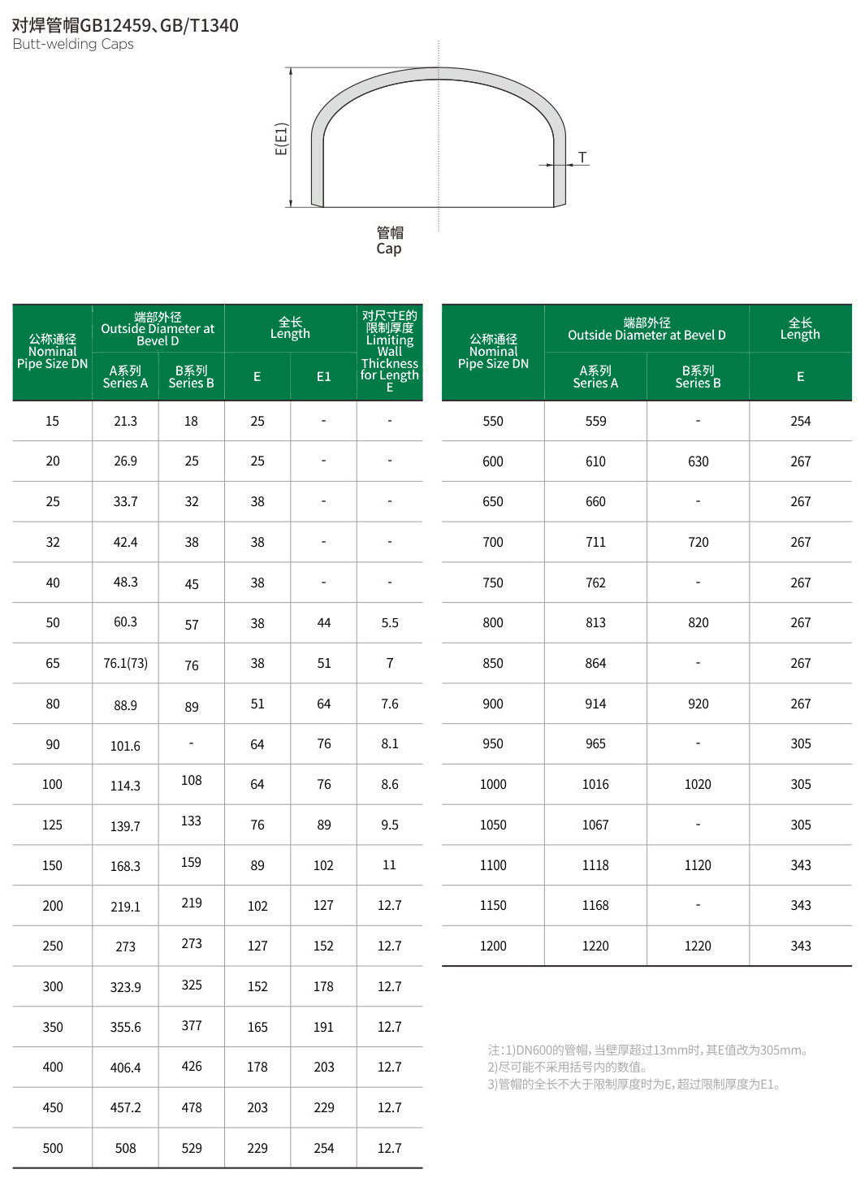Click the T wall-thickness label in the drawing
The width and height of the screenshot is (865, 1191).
[x=582, y=157]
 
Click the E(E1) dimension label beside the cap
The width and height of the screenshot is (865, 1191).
[x=281, y=138]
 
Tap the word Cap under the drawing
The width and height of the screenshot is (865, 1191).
[x=389, y=249]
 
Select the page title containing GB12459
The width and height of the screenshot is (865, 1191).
[x=125, y=25]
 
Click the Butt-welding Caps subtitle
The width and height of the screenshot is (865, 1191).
[x=73, y=44]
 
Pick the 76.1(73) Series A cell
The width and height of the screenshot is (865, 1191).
[x=125, y=663]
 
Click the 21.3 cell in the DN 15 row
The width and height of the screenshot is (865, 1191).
[x=125, y=421]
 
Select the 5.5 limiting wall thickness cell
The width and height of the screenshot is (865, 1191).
[x=390, y=623]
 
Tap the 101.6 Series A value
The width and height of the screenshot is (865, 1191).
[x=125, y=746]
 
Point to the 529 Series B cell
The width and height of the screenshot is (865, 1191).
[x=192, y=1148]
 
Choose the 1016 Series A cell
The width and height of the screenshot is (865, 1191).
[x=595, y=784]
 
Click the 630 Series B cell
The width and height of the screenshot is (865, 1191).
[x=698, y=461]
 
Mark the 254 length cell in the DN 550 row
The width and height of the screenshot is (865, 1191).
[x=800, y=421]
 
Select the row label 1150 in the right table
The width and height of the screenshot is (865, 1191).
[x=493, y=905]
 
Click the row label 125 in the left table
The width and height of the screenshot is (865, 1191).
[x=52, y=825]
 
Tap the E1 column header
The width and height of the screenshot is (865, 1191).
[x=323, y=376]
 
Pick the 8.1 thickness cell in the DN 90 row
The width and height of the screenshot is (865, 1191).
[x=390, y=743]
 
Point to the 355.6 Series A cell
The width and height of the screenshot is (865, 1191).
[x=125, y=1027]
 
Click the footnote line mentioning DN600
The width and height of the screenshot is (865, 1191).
[x=647, y=1050]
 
